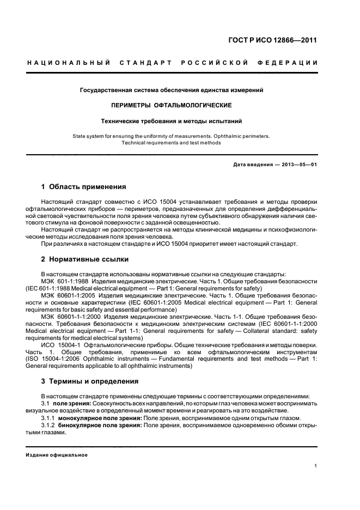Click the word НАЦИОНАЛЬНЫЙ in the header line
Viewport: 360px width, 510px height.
click(x=69, y=63)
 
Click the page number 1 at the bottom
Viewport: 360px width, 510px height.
click(x=315, y=465)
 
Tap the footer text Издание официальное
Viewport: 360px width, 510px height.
click(x=57, y=454)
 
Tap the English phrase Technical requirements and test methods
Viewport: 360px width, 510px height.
click(x=172, y=143)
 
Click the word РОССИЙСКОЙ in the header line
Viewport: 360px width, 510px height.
click(x=222, y=63)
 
